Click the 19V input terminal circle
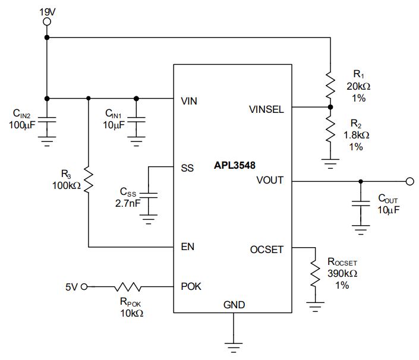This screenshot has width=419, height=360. click(47, 21)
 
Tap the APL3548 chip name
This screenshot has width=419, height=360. click(235, 165)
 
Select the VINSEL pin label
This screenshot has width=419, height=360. click(266, 109)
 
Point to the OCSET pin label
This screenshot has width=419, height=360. click(266, 250)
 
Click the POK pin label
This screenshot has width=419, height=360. click(191, 286)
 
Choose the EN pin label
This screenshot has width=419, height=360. click(188, 247)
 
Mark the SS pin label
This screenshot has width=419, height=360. click(187, 168)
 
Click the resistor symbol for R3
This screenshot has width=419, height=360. click(89, 179)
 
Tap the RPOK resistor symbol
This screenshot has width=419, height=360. click(128, 287)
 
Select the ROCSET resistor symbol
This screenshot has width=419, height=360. click(315, 274)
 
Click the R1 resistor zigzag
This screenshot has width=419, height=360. click(330, 84)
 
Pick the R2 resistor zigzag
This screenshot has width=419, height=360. click(330, 129)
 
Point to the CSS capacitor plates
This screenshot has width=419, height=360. click(149, 195)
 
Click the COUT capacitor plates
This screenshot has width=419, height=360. click(361, 204)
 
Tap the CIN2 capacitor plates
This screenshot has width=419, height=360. click(47, 119)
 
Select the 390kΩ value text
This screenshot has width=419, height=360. click(342, 273)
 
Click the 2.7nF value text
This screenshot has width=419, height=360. click(128, 204)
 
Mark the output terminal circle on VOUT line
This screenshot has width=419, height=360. click(409, 181)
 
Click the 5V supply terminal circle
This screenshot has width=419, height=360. click(84, 287)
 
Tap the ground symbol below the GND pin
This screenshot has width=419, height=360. click(234, 348)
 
